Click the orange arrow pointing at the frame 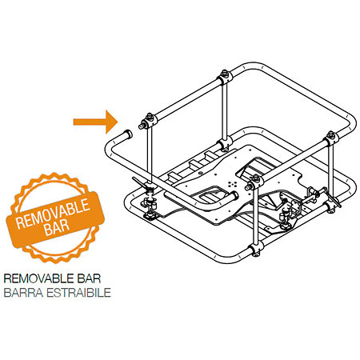pos(95,122)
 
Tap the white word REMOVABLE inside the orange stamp pos(53,214)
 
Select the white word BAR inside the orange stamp pos(57,226)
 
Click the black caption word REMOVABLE pos(39,278)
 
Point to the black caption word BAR pos(89,278)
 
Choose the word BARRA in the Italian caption pos(23,293)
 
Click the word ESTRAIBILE pos(78,293)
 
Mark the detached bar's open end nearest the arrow pos(128,134)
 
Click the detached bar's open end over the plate pos(234,195)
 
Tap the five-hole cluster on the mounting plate pos(232,184)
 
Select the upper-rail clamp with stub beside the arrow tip pos(148,122)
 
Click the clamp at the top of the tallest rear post pos(225,77)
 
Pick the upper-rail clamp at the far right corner pos(331,138)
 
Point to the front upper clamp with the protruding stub pos(254,182)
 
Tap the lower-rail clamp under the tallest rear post pos(226,144)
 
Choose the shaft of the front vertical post pos(256,217)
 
